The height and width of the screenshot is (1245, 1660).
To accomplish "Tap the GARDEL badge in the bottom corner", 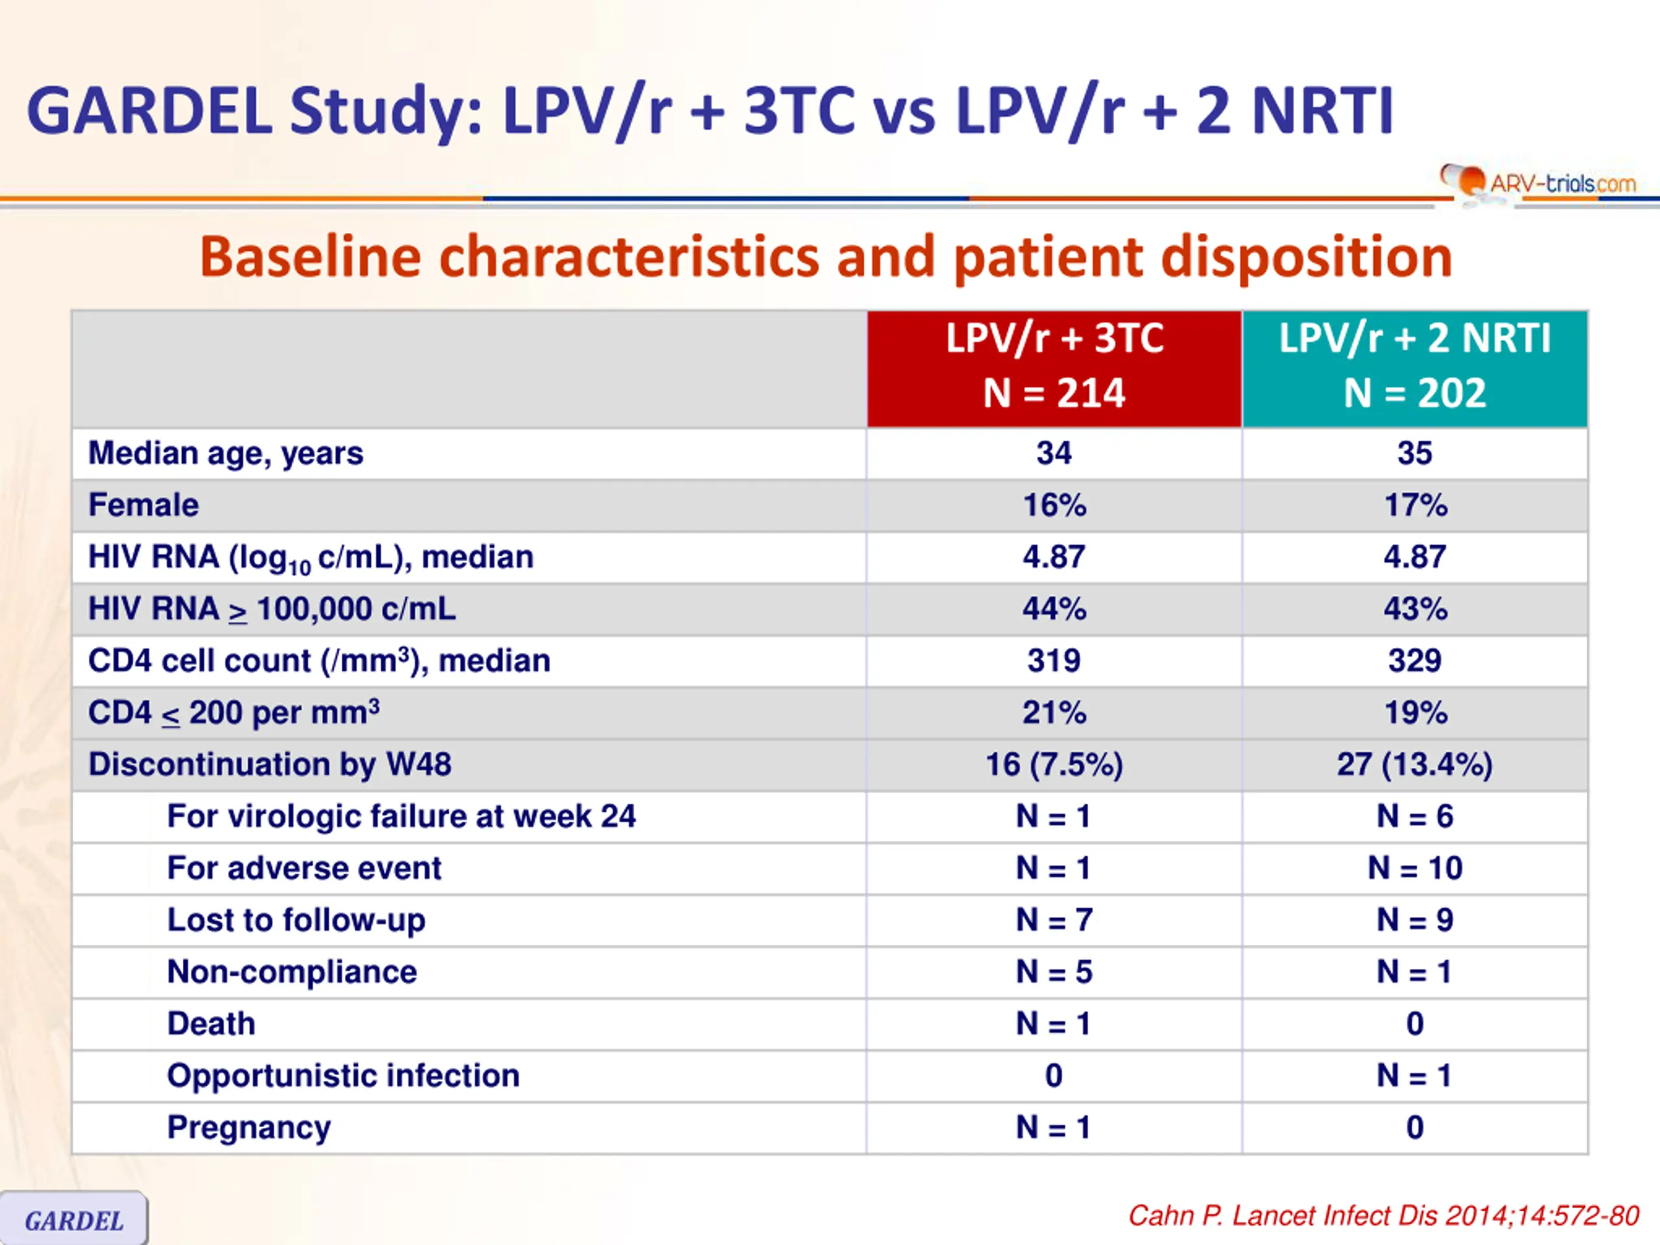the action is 73,1218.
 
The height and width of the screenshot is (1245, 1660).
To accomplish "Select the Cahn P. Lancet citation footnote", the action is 1383,1216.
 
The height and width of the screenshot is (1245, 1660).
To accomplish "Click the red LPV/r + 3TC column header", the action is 1054,368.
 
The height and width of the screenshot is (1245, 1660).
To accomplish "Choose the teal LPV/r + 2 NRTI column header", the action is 1415,368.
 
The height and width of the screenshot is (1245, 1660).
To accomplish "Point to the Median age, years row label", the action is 225,453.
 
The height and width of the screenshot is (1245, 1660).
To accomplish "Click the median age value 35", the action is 1415,453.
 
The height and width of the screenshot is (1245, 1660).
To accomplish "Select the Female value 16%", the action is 1054,504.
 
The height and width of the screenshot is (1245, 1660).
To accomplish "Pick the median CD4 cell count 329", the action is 1415,660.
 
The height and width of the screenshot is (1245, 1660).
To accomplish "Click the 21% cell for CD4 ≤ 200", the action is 1054,712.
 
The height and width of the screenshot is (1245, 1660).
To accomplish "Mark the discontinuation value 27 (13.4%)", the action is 1415,764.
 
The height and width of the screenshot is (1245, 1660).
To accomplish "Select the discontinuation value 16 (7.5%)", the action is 1054,764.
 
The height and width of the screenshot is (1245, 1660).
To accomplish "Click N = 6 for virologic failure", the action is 1415,816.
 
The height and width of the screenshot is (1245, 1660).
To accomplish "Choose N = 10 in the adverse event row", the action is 1415,868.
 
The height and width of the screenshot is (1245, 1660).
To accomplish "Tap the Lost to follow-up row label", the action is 296,920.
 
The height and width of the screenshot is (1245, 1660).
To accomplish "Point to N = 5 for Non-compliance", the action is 1054,972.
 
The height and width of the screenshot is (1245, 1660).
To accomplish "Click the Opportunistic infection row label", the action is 343,1075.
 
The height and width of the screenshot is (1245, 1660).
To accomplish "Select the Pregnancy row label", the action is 248,1128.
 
